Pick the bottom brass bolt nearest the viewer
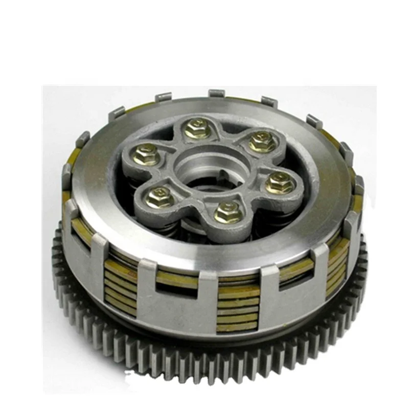point(226,212)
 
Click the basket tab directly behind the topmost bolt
point(217,94)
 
